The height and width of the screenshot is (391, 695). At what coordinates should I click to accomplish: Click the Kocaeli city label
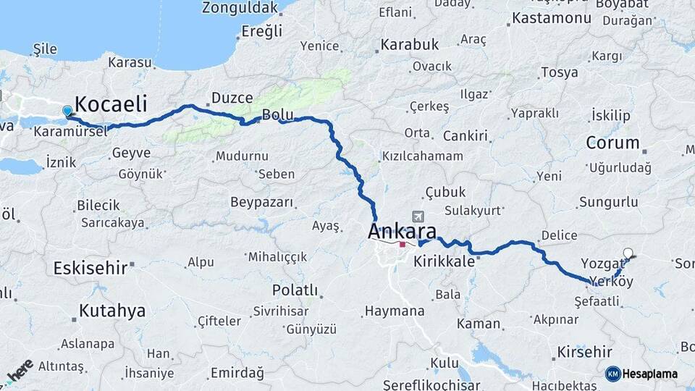(111, 103)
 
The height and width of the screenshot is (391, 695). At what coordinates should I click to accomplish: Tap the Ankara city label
(402, 232)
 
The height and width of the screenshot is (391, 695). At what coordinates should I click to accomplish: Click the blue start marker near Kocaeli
(67, 111)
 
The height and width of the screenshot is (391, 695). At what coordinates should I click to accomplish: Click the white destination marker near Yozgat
(628, 253)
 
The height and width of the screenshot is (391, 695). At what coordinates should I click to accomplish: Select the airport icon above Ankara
(418, 216)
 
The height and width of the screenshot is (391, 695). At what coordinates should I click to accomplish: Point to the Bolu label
(277, 114)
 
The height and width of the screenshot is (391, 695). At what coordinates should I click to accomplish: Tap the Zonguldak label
(240, 9)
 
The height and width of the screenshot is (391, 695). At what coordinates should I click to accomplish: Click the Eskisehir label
(91, 268)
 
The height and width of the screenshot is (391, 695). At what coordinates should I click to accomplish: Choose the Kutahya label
(112, 311)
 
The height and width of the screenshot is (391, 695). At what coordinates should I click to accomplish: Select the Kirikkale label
(443, 261)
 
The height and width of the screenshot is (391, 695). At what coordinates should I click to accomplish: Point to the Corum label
(612, 142)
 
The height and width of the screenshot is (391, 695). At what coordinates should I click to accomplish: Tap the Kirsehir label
(584, 353)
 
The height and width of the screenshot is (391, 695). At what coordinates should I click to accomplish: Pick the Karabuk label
(410, 44)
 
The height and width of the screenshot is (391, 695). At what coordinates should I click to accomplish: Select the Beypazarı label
(261, 201)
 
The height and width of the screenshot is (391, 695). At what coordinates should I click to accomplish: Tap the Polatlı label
(295, 290)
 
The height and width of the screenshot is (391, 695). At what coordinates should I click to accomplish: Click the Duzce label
(232, 98)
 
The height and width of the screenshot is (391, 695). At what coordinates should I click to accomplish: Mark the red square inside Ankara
(403, 244)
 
